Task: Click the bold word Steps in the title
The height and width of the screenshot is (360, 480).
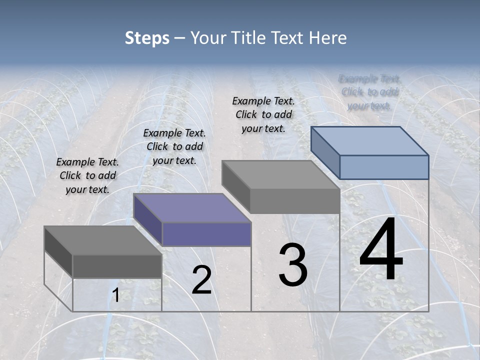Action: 147,38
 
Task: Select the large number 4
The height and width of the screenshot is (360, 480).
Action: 381,250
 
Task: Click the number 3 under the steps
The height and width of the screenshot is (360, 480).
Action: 292,265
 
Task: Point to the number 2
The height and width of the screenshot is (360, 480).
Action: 201,280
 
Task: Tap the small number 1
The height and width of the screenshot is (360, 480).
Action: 115,296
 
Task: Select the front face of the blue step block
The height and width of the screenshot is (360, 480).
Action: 384,167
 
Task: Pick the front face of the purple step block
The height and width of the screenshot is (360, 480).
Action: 206,234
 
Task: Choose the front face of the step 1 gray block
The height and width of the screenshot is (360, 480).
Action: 117,266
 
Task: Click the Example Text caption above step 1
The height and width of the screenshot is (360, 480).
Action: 87,175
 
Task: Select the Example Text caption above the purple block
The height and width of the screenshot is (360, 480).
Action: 174,146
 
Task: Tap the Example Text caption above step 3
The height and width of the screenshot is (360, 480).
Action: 263,114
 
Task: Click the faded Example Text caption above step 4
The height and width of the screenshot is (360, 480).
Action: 369,92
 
